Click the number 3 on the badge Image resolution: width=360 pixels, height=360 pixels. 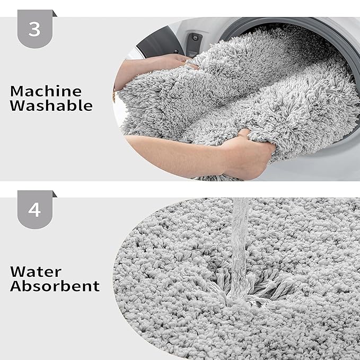34,29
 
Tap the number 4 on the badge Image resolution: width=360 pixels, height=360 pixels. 34,209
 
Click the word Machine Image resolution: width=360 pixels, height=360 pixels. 46,91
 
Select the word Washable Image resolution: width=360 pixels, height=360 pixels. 51,106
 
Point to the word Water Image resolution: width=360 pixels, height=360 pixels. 36,272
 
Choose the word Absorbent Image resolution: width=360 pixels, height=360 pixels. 55,286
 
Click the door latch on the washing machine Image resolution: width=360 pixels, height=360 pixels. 194,45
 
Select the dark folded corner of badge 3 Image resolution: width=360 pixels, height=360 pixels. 55,13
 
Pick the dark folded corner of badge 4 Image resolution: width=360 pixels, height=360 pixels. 55,194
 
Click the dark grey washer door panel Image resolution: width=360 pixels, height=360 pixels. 161,43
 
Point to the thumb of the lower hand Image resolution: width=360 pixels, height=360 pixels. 244,134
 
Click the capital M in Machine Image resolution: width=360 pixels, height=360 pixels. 16,91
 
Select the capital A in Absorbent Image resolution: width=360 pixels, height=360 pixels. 16,286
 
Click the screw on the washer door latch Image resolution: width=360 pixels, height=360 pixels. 196,38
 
